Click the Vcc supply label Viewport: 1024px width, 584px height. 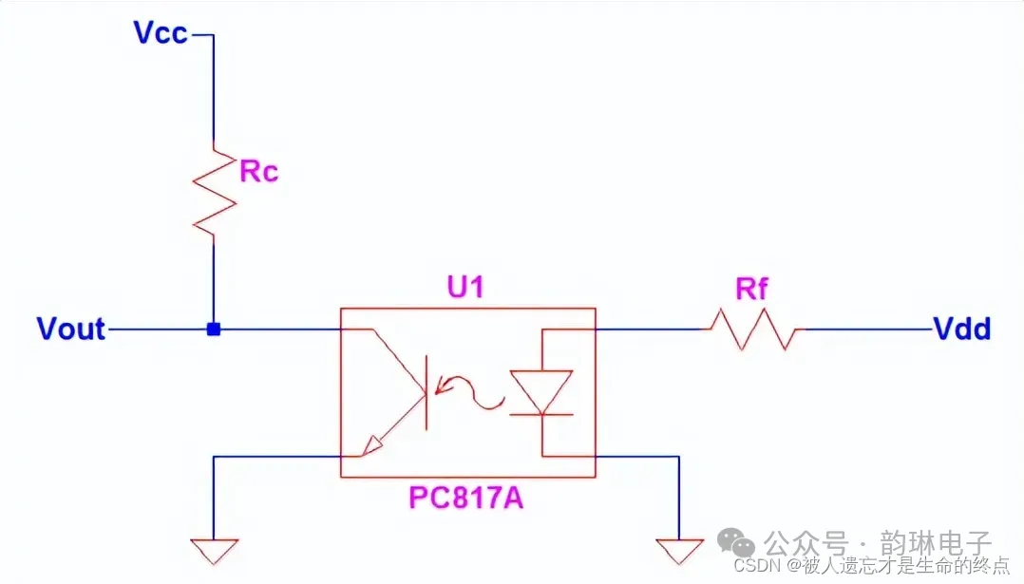[161, 34]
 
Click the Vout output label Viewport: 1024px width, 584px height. [70, 330]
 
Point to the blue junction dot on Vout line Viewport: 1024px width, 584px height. [214, 330]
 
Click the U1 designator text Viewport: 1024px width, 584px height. [465, 288]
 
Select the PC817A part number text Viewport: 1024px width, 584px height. [466, 499]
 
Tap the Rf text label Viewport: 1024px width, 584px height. [751, 290]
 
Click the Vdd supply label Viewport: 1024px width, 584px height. [962, 330]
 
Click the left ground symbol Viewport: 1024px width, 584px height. [214, 549]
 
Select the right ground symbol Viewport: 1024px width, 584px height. [679, 549]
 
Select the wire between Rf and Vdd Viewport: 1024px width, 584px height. [864, 330]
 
